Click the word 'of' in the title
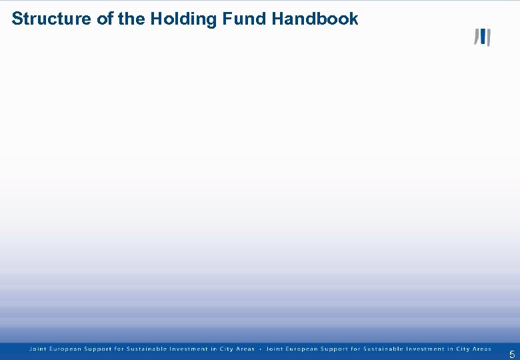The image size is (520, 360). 105,19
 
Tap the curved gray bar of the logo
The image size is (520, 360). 476,37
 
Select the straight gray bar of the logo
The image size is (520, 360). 488,38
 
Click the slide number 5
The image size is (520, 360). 511,355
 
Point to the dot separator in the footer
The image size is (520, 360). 260,349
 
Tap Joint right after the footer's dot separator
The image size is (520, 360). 274,349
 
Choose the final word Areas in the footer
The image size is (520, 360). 481,349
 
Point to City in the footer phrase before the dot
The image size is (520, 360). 221,349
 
